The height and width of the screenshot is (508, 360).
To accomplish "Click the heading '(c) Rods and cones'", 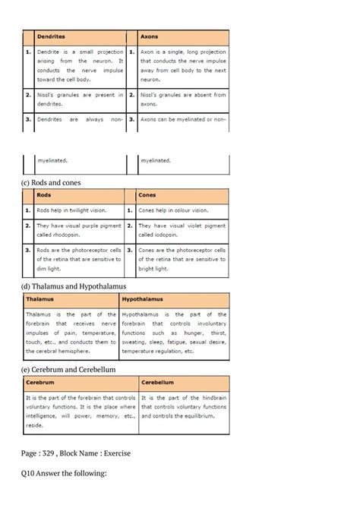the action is [x=52, y=182].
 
